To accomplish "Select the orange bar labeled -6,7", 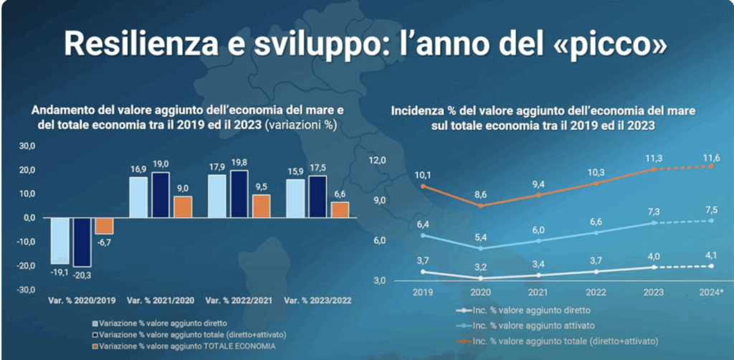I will (x=104, y=225).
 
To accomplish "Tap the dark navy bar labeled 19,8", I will (x=240, y=194).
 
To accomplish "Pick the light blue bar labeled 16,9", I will (x=138, y=197).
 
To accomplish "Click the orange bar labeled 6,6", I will (x=340, y=209).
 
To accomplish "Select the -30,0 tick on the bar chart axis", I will (x=25, y=290).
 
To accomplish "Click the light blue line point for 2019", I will (x=423, y=235).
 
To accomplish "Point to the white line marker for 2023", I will (x=654, y=267).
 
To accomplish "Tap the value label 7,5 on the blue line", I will (x=711, y=210).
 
